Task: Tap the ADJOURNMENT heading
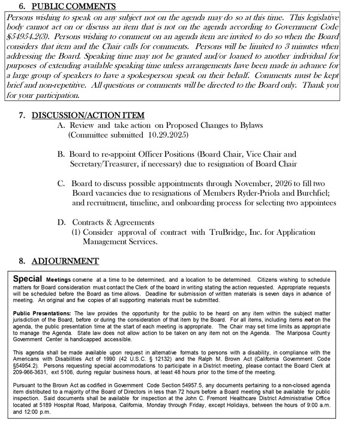65,261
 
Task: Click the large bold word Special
27,279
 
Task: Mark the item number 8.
22,261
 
